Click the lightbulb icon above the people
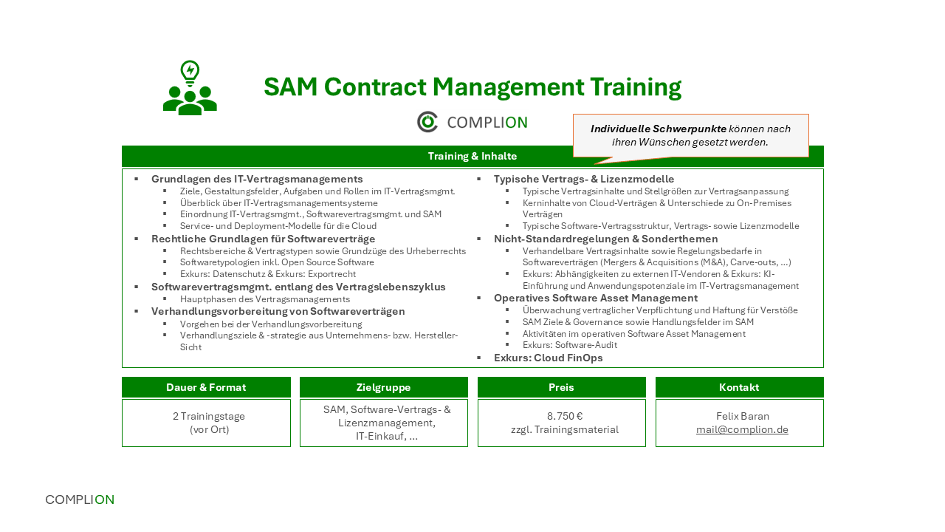(x=190, y=73)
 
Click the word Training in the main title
(x=636, y=87)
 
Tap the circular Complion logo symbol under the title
(x=427, y=122)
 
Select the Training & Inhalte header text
(x=472, y=156)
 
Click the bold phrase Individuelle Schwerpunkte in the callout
(x=658, y=129)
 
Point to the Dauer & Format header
(x=206, y=387)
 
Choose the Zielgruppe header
(x=383, y=387)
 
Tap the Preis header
(x=561, y=387)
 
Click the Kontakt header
(x=739, y=387)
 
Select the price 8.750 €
(x=565, y=416)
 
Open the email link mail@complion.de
(x=742, y=430)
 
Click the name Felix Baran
(x=743, y=416)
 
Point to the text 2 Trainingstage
(x=209, y=416)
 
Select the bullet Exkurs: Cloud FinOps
(x=548, y=358)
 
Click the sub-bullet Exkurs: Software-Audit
(x=569, y=345)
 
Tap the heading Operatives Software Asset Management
(x=596, y=298)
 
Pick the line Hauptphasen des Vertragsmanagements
(x=265, y=299)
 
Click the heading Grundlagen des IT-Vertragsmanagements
(x=257, y=179)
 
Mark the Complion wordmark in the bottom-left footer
(x=80, y=499)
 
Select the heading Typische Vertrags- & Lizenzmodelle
(x=584, y=179)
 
